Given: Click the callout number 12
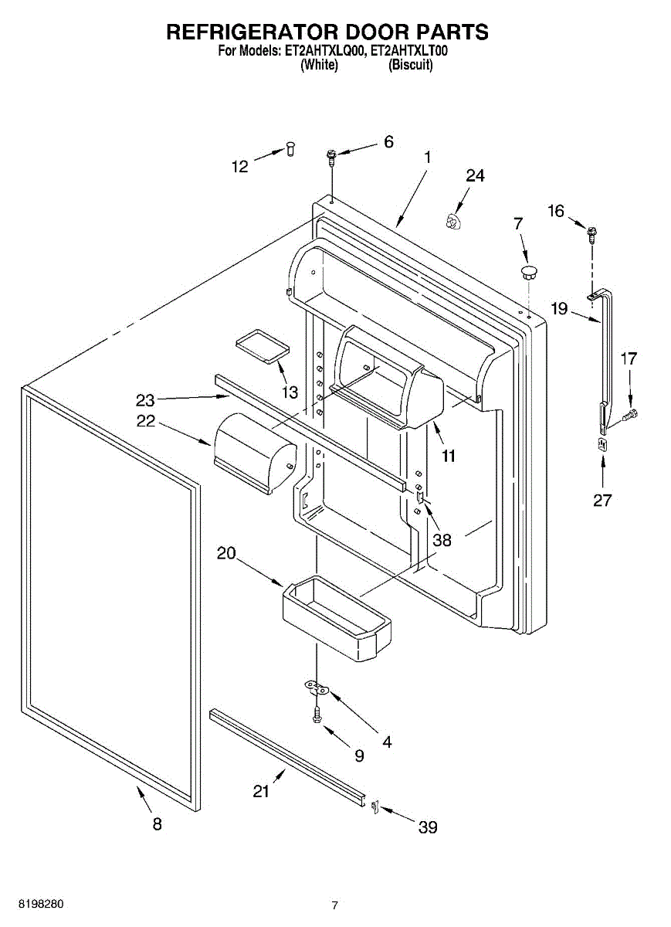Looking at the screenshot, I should [x=240, y=166].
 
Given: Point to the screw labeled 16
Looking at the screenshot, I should [x=592, y=232].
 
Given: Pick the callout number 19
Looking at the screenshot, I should [x=559, y=309].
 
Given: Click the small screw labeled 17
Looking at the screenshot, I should [x=629, y=416].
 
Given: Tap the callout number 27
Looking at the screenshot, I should [x=602, y=500].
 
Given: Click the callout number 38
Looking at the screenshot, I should [x=442, y=540].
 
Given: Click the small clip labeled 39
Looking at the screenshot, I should [x=374, y=807].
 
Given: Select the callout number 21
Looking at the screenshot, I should [x=263, y=791].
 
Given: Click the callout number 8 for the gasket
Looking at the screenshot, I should [x=157, y=824].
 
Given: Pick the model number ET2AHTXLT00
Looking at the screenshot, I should [x=410, y=51].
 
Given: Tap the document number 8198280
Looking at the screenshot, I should [x=32, y=903].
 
